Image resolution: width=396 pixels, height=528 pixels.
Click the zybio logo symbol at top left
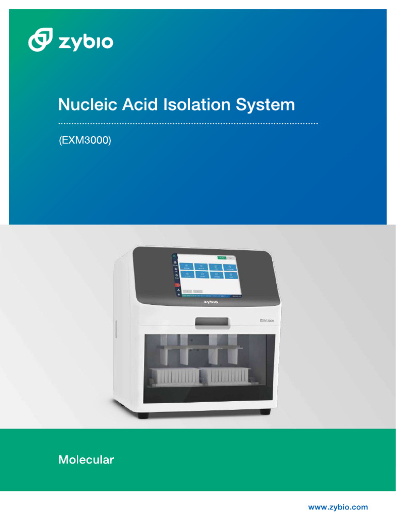tap(41, 40)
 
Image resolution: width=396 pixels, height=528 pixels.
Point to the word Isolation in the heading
tap(197, 105)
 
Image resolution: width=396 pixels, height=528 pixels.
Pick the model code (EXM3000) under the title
tap(85, 140)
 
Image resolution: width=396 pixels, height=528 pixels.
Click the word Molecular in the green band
tap(86, 460)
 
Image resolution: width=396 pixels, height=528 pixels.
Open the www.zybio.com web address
tap(338, 507)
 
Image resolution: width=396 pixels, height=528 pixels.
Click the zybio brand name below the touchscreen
tap(210, 302)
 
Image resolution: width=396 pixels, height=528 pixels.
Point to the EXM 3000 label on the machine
tap(266, 321)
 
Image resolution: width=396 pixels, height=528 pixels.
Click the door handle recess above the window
tap(212, 323)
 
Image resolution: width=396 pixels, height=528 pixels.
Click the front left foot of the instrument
tap(144, 415)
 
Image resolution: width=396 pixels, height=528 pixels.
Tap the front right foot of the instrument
tap(265, 411)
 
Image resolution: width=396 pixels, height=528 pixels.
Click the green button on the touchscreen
tap(221, 257)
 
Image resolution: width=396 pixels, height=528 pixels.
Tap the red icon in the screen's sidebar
tap(177, 285)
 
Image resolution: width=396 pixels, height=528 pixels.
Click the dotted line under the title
tap(188, 124)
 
